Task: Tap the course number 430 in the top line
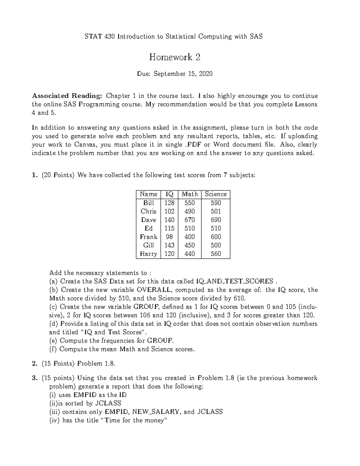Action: coord(110,37)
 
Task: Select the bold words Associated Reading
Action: coord(67,96)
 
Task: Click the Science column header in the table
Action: coord(216,194)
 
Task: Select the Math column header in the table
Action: coord(190,194)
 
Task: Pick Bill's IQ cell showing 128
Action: coord(169,203)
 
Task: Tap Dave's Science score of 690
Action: coord(216,220)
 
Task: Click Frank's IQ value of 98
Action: coord(169,237)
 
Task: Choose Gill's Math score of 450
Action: coord(190,245)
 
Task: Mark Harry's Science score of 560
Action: coord(216,254)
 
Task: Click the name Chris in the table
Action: coord(148,211)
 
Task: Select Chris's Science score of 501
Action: coord(216,211)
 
